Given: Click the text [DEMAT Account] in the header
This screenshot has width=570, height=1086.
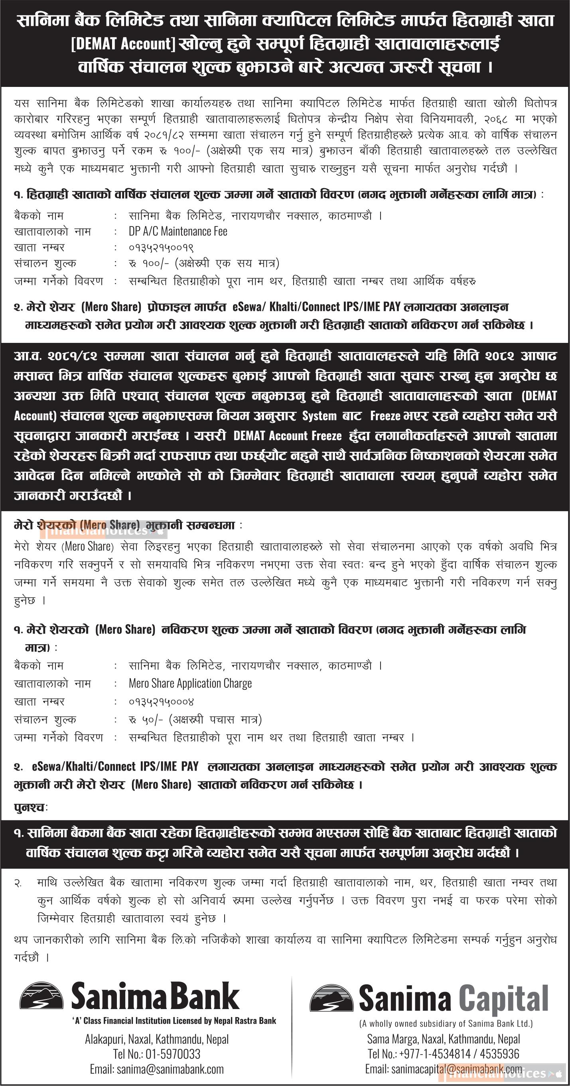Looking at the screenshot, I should [123, 44].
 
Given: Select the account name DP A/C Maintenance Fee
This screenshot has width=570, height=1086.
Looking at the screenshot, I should [178, 232].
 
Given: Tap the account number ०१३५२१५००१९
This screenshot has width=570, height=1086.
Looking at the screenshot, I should [161, 248].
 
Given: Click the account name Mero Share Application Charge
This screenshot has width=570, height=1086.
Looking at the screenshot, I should [190, 683].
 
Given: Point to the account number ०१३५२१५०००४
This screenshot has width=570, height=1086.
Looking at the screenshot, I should [161, 702].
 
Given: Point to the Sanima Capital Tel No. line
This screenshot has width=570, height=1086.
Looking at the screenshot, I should [443, 1054].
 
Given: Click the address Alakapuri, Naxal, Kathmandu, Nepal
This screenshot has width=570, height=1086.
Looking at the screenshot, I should [156, 1039].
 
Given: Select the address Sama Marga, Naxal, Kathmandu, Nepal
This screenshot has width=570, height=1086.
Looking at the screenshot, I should [443, 1039].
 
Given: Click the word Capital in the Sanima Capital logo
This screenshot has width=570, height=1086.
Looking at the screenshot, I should [503, 999].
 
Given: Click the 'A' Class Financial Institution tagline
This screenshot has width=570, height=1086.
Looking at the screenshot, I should [174, 1021].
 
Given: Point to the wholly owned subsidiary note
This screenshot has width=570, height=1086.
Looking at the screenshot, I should [446, 1023].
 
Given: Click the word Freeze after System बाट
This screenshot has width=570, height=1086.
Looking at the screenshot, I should [385, 416].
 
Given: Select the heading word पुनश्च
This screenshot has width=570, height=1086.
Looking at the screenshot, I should [30, 808].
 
